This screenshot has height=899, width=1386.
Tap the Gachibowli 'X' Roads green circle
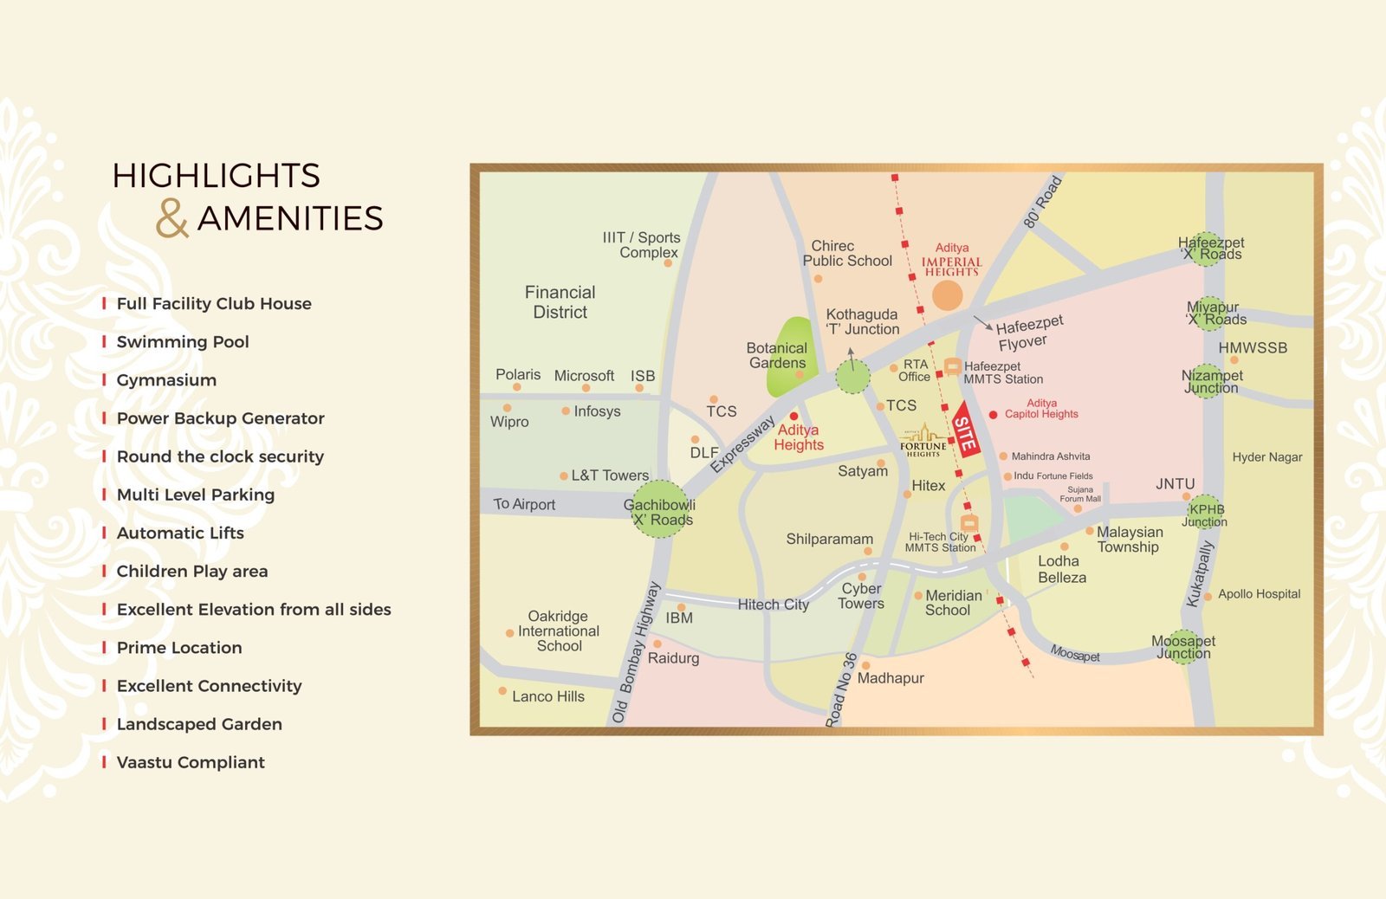coord(661,509)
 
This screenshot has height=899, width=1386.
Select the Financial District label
coord(560,302)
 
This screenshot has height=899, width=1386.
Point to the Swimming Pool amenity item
coord(182,342)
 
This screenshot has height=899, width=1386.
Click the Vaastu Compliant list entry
coord(190,763)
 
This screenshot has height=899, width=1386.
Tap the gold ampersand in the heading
coord(172,218)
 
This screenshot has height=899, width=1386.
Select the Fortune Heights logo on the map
coord(923,441)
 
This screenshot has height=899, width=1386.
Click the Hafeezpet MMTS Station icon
coord(952,367)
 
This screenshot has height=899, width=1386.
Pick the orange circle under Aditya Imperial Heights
coord(947,295)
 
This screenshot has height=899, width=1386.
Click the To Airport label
coord(524,504)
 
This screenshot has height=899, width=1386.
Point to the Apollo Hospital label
coord(1259,594)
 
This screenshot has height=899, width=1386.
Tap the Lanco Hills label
coord(547,696)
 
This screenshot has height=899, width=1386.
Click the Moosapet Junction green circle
coord(1183,647)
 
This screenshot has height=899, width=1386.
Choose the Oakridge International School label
coord(559,631)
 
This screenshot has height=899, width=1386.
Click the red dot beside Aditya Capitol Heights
coord(993,415)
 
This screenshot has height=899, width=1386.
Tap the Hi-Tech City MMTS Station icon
coord(969,523)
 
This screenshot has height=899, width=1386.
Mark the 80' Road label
coord(1042,202)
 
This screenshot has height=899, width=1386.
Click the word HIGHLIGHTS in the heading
coord(217,176)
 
